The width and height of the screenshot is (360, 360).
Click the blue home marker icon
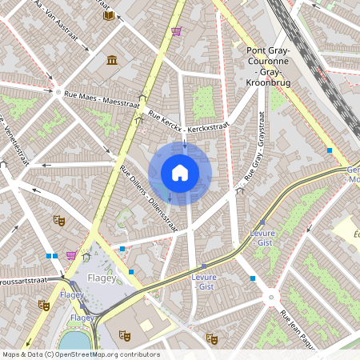(180, 172)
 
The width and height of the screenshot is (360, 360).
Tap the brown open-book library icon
(109, 14)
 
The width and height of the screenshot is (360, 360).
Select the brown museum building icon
(111, 61)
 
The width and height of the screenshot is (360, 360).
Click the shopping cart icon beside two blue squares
(72, 256)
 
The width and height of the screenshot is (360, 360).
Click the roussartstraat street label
(34, 282)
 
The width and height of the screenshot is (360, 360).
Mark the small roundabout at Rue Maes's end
(58, 93)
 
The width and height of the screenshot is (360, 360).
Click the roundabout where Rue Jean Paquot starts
(271, 298)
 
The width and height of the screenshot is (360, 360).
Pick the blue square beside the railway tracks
(329, 150)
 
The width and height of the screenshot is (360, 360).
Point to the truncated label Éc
(356, 233)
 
